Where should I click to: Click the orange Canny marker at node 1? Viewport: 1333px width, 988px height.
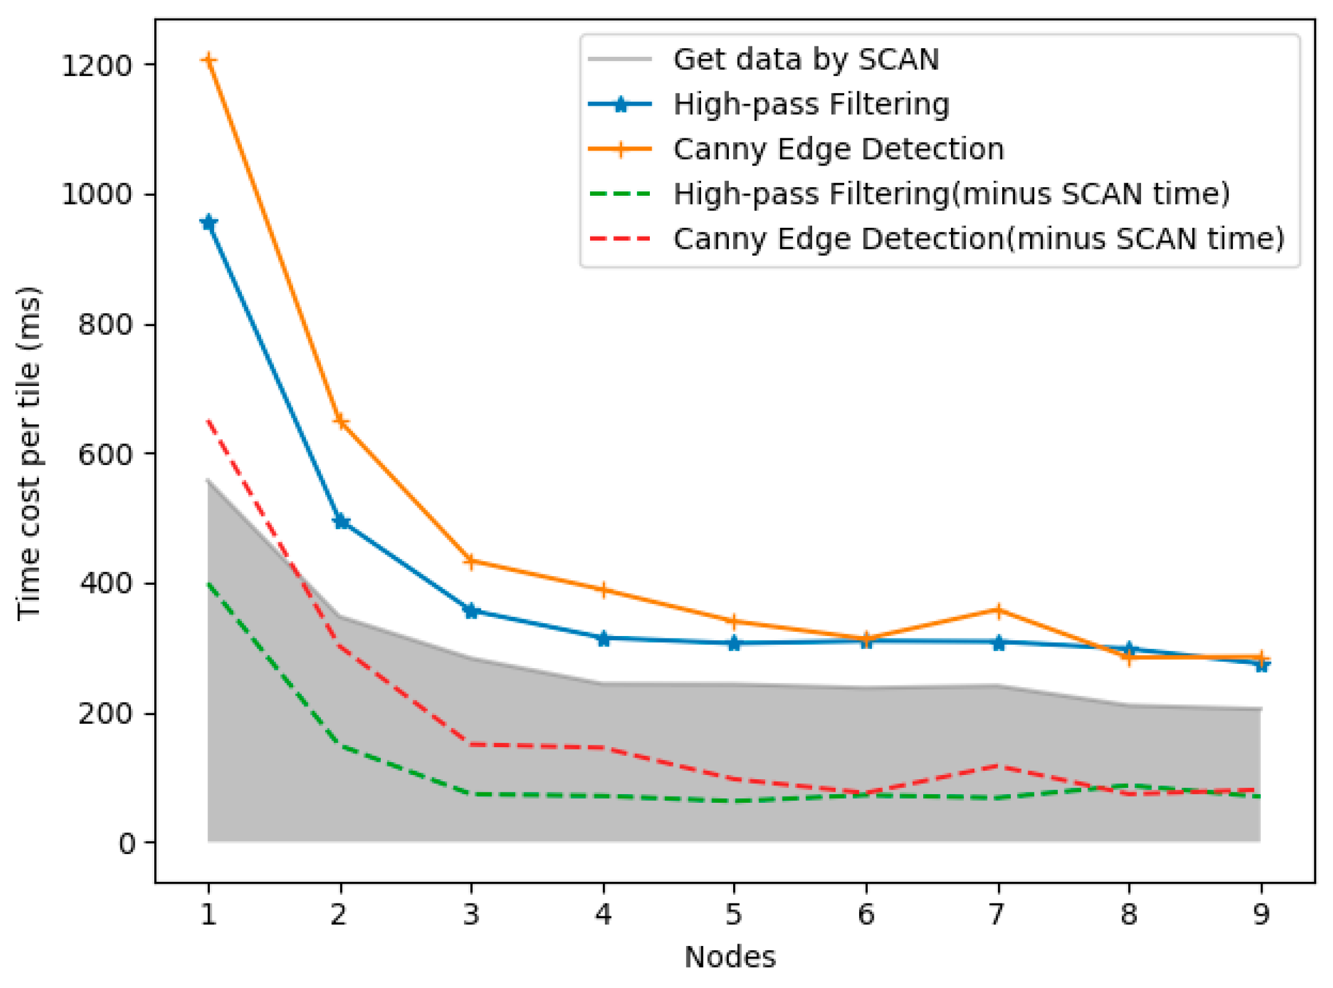(209, 60)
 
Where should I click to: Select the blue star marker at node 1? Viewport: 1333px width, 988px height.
(209, 223)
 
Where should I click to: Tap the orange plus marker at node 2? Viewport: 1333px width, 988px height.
(341, 421)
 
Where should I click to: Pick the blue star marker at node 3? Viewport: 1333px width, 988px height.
(471, 611)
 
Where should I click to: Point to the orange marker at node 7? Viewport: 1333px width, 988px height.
(998, 610)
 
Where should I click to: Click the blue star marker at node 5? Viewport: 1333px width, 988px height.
(734, 643)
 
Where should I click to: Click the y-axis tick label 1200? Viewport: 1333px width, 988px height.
(97, 65)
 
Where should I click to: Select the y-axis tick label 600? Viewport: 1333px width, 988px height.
(105, 454)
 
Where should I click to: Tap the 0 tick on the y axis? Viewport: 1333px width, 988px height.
(127, 843)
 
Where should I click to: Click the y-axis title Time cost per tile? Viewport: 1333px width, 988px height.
(29, 454)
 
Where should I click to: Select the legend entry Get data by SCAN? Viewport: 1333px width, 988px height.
(805, 59)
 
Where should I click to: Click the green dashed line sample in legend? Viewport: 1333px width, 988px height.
(620, 194)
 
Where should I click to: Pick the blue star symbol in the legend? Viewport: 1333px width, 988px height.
(620, 104)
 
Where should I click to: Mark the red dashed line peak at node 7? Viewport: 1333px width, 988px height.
(998, 766)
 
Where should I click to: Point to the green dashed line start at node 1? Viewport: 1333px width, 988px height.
(209, 583)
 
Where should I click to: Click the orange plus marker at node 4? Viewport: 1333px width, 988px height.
(603, 590)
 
